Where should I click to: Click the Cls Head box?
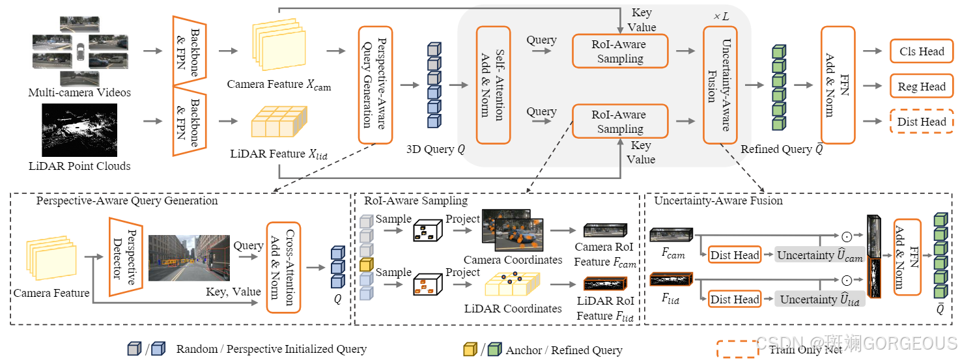[x=922, y=51]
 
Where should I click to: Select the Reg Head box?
[x=922, y=87]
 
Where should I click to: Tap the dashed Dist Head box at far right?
[x=922, y=122]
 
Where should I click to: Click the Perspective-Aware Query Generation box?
[x=376, y=85]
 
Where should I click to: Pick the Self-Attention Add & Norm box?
[x=494, y=85]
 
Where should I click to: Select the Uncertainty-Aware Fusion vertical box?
[x=720, y=85]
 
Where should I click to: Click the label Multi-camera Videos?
[x=79, y=92]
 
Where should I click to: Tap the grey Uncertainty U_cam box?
[x=819, y=255]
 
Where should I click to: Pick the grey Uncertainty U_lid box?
[x=819, y=299]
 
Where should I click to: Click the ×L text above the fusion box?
[x=720, y=16]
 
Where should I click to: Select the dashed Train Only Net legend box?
[x=738, y=349]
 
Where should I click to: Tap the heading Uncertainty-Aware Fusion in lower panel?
[x=718, y=201]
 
